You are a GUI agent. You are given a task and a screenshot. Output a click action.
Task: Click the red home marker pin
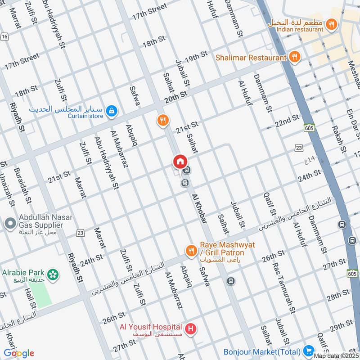180,161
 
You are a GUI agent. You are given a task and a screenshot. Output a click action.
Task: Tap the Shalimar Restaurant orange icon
295,57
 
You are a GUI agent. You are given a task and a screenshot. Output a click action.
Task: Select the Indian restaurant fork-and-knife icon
332,24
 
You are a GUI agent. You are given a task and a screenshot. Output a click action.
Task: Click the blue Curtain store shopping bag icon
112,110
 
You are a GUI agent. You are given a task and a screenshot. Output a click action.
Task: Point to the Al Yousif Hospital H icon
191,329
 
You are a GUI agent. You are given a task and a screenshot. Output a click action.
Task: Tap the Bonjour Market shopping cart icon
308,350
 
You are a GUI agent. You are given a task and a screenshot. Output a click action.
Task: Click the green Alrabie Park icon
53,273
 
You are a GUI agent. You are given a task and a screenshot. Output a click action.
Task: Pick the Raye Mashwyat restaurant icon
191,250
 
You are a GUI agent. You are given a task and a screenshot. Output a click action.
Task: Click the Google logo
19,353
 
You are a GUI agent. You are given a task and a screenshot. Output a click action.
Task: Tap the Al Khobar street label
199,209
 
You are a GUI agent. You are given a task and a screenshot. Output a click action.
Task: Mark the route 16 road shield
4,36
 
